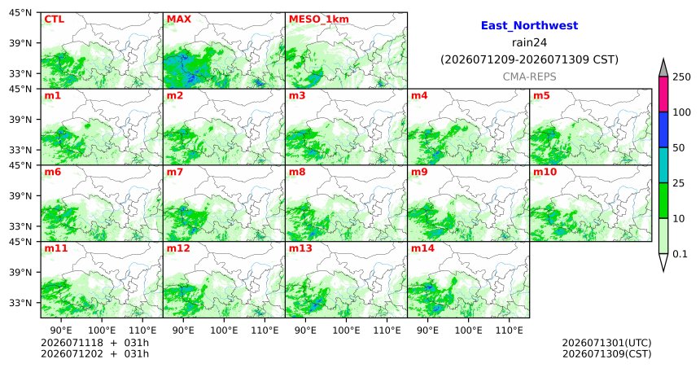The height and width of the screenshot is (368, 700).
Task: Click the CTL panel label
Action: [x=54, y=20]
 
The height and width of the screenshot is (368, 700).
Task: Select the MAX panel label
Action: [x=179, y=20]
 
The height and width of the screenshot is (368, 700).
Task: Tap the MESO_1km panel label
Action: [x=319, y=20]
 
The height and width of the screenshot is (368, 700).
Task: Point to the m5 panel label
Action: [x=541, y=95]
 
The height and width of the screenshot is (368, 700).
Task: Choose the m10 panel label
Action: [x=545, y=172]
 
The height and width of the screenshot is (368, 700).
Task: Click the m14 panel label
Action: [x=422, y=248]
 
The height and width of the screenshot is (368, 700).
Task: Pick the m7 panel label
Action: [x=175, y=172]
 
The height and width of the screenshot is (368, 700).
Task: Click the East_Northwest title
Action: [x=529, y=25]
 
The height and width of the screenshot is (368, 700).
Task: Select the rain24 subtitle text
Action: [x=529, y=42]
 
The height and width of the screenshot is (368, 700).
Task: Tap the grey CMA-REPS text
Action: [x=529, y=77]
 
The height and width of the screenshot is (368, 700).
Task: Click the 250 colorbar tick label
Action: [x=682, y=77]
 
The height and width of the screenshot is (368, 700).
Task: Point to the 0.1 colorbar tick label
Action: [x=680, y=254]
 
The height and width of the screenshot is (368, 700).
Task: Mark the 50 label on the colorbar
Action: [x=679, y=147]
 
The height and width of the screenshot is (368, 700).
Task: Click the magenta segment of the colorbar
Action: [x=663, y=94]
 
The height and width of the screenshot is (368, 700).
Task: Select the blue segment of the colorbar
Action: [x=663, y=129]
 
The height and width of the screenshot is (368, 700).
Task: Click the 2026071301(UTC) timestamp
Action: [x=606, y=343]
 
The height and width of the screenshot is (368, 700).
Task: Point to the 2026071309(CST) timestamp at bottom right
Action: [x=606, y=353]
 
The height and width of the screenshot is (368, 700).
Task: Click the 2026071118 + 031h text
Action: [x=94, y=343]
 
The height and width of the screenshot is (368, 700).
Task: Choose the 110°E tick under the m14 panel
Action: [x=510, y=331]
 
